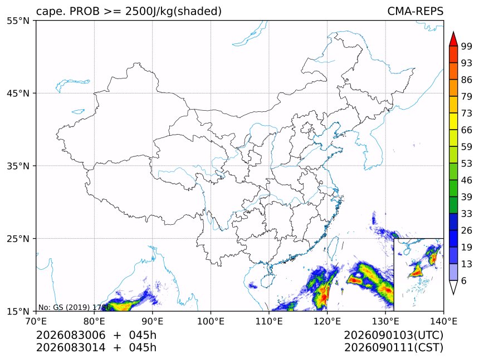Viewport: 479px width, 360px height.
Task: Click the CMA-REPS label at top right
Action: point(415,11)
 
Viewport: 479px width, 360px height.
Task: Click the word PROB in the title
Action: point(85,11)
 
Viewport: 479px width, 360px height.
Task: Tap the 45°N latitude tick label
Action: point(18,93)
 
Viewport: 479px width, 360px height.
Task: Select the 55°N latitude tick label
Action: point(18,21)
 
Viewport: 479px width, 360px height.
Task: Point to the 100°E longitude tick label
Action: point(211,321)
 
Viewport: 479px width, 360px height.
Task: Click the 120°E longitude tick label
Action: point(327,321)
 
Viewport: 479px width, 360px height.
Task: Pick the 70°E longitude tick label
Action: point(36,321)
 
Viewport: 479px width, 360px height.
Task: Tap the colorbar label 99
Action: point(467,46)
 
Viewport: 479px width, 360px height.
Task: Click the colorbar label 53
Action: point(467,164)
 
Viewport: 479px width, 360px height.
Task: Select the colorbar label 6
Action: point(464,280)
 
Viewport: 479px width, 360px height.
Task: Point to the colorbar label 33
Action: point(467,214)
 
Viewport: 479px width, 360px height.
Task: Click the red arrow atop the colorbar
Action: point(453,39)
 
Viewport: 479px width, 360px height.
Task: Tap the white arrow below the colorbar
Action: point(453,288)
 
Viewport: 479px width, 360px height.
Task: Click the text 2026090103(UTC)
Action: point(393,335)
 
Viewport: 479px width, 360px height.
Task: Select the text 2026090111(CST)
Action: point(393,348)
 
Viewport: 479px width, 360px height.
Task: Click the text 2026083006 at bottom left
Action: point(71,335)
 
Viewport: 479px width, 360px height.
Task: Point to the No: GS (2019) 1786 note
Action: point(74,307)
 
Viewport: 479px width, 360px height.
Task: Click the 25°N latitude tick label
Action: point(18,238)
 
